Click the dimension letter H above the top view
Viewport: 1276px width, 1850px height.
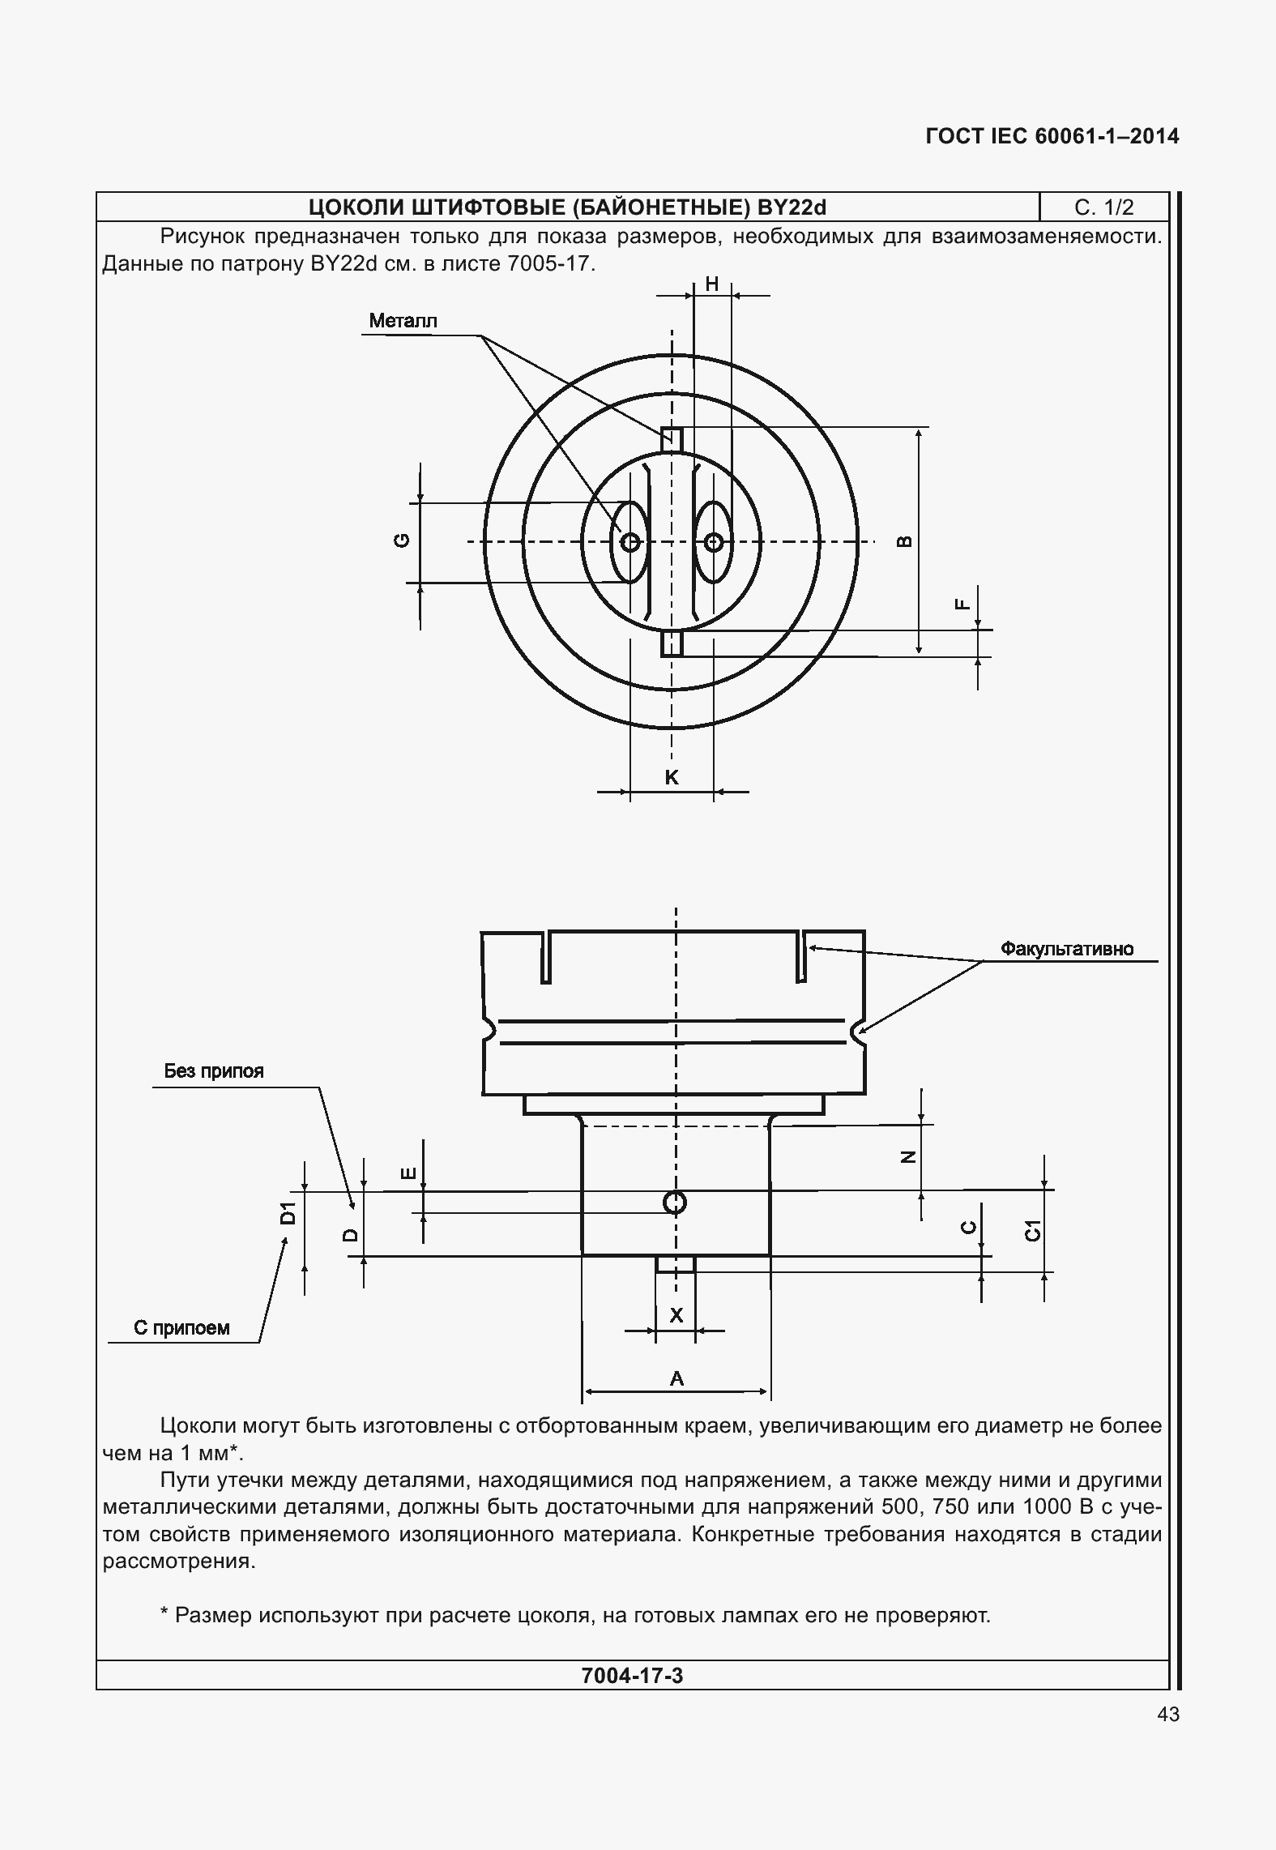(x=712, y=284)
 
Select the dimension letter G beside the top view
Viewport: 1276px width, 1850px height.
(x=402, y=541)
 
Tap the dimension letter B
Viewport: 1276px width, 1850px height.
(x=906, y=541)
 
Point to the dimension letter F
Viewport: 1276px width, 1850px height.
(x=962, y=604)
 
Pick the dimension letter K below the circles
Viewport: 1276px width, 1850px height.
(x=672, y=778)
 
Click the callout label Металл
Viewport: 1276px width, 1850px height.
(x=403, y=321)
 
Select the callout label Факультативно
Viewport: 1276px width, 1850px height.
(x=1067, y=949)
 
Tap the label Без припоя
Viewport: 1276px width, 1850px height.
(x=214, y=1071)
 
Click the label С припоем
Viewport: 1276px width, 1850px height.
(x=181, y=1328)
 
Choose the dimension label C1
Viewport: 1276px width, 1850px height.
(x=1032, y=1230)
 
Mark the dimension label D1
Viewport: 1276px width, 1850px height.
(x=288, y=1214)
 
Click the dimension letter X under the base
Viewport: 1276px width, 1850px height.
(x=676, y=1315)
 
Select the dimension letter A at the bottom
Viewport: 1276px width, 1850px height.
(x=676, y=1378)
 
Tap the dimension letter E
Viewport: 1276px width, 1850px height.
(x=409, y=1173)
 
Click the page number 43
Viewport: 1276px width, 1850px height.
(x=1168, y=1715)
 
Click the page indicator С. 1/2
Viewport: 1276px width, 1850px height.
(x=1103, y=208)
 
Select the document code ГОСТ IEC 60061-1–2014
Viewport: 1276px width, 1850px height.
(x=1052, y=136)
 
